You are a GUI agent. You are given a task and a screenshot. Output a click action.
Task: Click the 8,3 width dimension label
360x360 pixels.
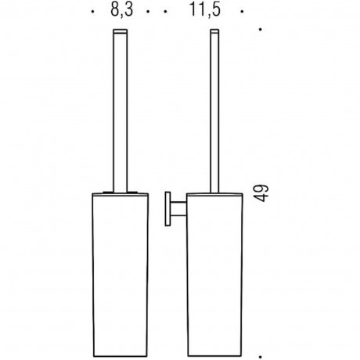tap(121, 10)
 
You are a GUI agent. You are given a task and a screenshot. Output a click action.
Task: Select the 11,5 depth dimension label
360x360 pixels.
tap(205, 10)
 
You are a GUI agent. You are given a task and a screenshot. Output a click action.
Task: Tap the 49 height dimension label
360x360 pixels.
tap(261, 193)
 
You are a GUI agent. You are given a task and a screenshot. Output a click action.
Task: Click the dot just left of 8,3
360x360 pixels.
tap(92, 12)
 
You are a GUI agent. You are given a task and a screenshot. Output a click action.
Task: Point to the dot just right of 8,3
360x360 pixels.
tap(148, 12)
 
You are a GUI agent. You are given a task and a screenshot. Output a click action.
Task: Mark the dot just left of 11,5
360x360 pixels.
tap(165, 12)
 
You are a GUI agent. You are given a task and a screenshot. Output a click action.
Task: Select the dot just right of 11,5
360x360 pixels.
tap(242, 12)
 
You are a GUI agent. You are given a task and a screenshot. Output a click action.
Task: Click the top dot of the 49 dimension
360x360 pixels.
tap(260, 30)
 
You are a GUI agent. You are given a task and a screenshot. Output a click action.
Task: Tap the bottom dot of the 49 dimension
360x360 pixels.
tap(260, 357)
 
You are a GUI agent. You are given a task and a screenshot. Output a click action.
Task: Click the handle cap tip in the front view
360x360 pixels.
tap(121, 31)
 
